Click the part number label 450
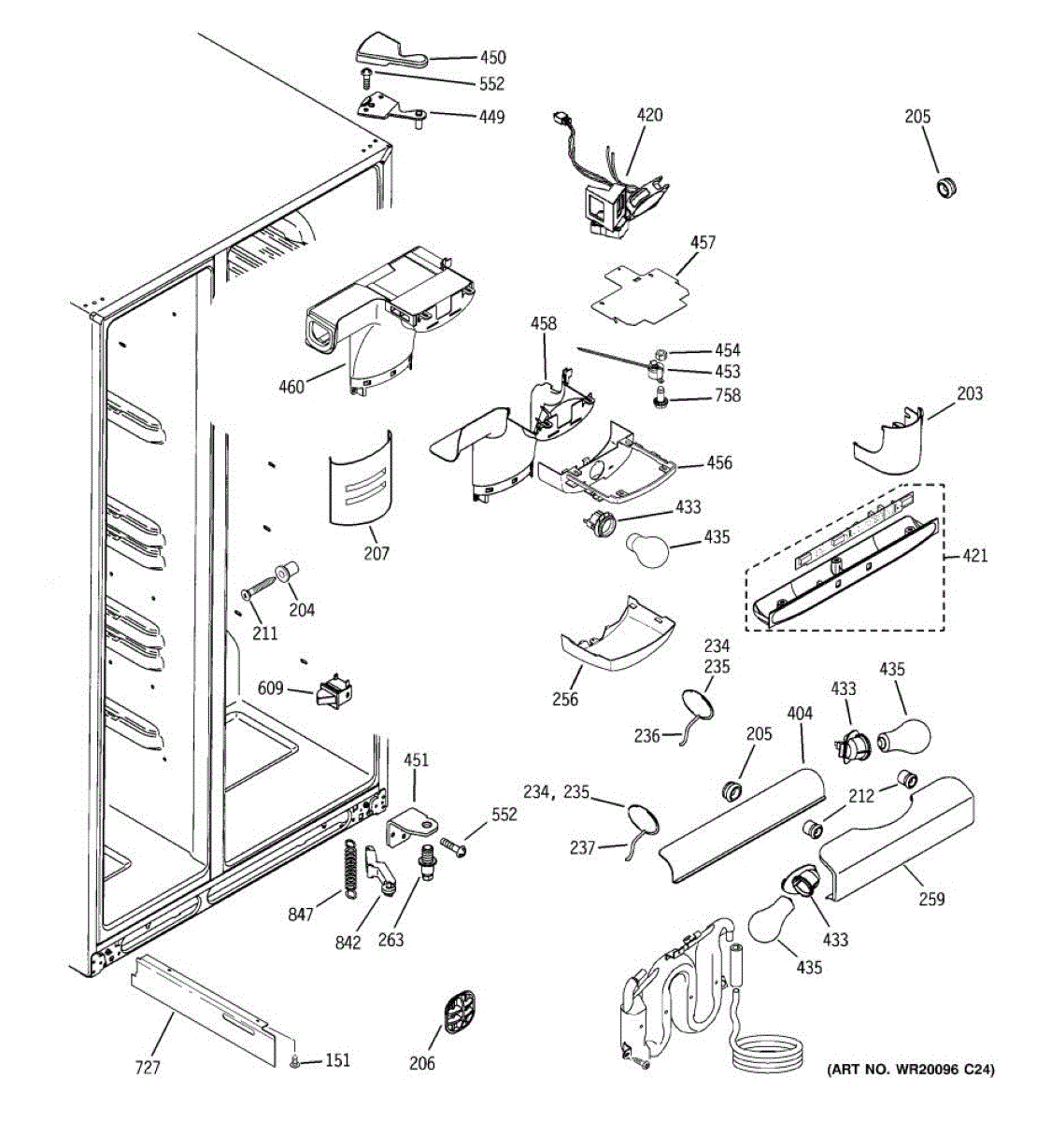point(492,57)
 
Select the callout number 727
point(149,1067)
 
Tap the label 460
point(291,386)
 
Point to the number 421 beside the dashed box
point(973,556)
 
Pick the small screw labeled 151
point(296,1059)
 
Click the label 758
point(727,395)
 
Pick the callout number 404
point(800,714)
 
